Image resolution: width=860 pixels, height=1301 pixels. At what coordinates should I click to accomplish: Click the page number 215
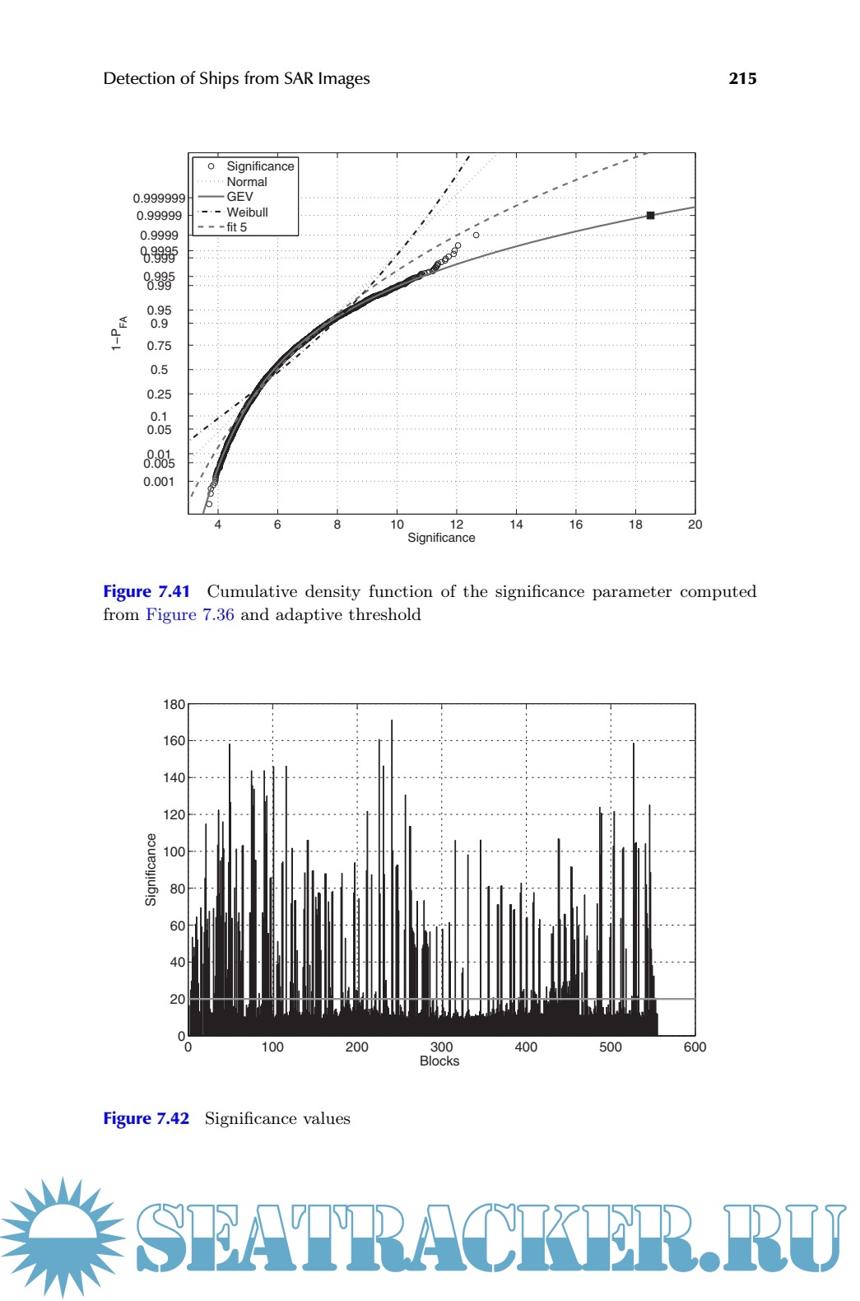742,78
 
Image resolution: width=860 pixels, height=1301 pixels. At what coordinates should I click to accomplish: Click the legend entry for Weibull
247,212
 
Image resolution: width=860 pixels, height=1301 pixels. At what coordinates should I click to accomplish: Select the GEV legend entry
239,197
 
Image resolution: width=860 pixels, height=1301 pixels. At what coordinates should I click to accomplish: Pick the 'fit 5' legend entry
236,227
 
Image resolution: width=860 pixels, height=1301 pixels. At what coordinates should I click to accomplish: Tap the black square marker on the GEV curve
650,216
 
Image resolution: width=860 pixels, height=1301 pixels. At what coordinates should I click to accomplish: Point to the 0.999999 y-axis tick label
159,198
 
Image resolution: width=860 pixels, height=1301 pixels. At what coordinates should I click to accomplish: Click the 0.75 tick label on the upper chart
159,346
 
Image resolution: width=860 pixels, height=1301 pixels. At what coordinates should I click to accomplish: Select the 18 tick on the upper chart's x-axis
635,525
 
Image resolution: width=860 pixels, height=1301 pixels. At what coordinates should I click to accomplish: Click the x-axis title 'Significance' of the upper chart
441,538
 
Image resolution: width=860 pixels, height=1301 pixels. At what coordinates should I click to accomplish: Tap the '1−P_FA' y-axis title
119,333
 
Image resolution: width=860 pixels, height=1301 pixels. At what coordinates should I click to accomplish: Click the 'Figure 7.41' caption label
146,592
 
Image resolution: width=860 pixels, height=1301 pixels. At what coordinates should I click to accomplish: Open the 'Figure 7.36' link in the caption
190,615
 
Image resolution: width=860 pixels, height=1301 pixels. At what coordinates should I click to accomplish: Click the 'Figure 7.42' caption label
146,1118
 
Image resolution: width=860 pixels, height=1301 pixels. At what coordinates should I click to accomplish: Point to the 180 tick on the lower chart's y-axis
174,705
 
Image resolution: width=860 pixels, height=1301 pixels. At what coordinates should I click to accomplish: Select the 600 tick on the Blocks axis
695,1047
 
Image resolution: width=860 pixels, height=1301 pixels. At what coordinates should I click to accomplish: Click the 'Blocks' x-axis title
439,1061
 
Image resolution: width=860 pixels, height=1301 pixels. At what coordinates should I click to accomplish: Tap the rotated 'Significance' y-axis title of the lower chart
151,870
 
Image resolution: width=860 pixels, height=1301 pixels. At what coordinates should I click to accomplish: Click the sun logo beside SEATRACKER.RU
62,1237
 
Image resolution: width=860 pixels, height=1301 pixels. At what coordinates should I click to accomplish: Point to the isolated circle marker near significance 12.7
476,235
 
